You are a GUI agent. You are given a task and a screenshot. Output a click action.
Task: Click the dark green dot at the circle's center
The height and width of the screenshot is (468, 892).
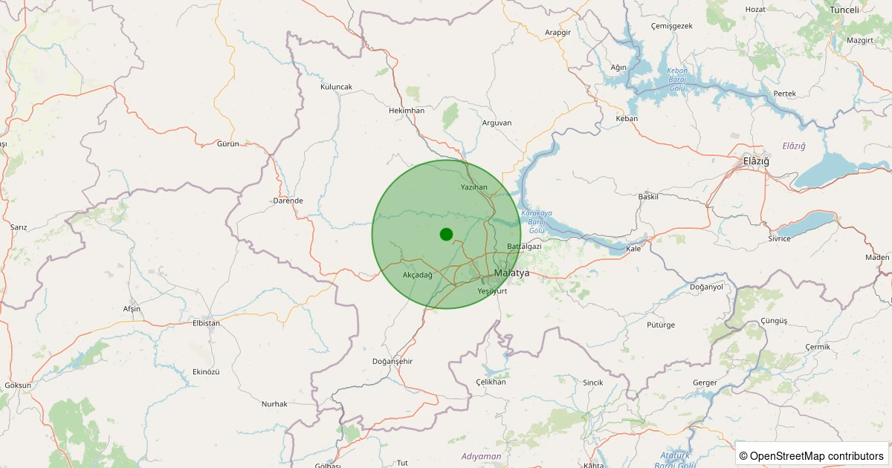coord(446,234)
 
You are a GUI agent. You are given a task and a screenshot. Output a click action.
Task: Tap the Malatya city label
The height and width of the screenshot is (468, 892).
coord(511,273)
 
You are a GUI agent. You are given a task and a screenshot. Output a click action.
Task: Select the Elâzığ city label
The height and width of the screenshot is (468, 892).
coord(756,161)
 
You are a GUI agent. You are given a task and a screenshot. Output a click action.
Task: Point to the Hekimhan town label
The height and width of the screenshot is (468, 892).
coord(407,111)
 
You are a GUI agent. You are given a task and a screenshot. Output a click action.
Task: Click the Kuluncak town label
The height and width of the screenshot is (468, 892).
coord(336,87)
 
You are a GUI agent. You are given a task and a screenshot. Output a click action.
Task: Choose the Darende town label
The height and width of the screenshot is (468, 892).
coord(288,201)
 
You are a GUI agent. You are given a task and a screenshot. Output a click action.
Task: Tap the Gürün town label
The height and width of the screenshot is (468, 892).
coord(227,143)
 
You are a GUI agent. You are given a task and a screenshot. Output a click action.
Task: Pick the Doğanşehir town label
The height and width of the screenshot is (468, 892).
coord(392,361)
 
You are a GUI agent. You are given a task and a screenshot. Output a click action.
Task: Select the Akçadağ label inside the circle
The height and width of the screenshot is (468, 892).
coord(417,275)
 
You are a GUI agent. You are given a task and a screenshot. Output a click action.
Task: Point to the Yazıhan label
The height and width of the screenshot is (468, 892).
coord(474,187)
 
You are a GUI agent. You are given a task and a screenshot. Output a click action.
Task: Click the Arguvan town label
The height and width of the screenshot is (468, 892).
coord(497,123)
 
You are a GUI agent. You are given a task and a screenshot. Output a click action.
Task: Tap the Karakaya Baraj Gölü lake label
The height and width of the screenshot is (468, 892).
coord(537,221)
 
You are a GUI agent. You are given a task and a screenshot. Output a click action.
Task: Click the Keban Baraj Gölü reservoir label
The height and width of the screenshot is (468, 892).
coord(676,79)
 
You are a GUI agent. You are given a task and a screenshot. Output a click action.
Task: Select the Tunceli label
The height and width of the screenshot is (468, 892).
coord(844,10)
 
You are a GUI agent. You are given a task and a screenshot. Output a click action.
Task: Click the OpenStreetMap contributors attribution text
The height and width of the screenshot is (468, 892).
coord(811,455)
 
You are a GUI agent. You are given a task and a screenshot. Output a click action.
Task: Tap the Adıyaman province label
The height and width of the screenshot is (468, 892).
coord(481,456)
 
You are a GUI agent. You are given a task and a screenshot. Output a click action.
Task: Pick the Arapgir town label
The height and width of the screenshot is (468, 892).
coord(557,33)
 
